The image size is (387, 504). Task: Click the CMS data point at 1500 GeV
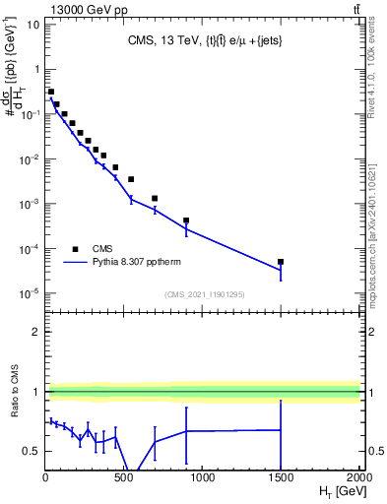coord(281,262)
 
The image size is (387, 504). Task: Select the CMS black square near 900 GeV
coord(186,220)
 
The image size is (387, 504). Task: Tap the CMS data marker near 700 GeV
coord(155,198)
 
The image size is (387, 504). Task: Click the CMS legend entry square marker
coord(75,249)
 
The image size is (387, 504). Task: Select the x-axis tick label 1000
coord(202,476)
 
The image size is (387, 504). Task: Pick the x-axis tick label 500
coord(123,476)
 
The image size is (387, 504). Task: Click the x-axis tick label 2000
coord(358,476)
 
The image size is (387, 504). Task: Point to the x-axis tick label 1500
coord(281,476)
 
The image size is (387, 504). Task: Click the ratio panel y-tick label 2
coord(34,332)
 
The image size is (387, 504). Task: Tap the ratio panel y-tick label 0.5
coord(31,451)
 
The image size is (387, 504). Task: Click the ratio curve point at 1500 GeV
coord(281,429)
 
